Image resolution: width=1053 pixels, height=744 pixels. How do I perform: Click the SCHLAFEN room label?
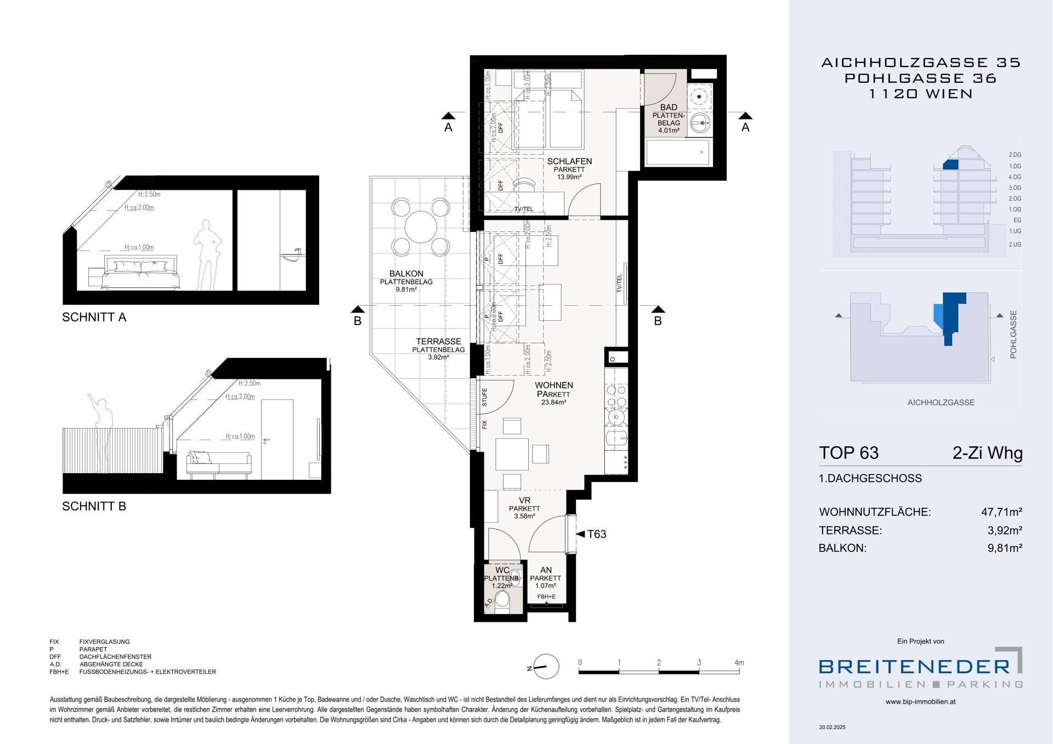tap(569, 161)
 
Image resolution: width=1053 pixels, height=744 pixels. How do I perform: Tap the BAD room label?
tap(669, 107)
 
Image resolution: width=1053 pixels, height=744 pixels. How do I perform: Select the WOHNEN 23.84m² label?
tap(554, 393)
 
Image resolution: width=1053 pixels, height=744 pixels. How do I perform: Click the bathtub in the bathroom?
tap(677, 152)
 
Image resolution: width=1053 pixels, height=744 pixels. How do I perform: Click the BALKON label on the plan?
tap(406, 274)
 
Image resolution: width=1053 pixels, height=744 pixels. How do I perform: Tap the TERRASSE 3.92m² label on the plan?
tap(438, 349)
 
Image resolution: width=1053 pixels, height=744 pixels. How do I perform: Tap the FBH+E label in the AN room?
tap(546, 597)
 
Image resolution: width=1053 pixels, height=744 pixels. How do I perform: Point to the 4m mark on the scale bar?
tap(739, 663)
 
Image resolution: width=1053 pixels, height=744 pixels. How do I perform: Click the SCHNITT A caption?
tap(94, 317)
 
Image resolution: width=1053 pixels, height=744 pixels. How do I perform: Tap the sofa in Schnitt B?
tap(218, 463)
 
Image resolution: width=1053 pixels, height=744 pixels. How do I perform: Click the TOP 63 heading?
tap(848, 453)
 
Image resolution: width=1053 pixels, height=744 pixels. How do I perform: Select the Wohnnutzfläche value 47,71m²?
tap(1001, 512)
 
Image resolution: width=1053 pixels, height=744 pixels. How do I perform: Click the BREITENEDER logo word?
tap(914, 666)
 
